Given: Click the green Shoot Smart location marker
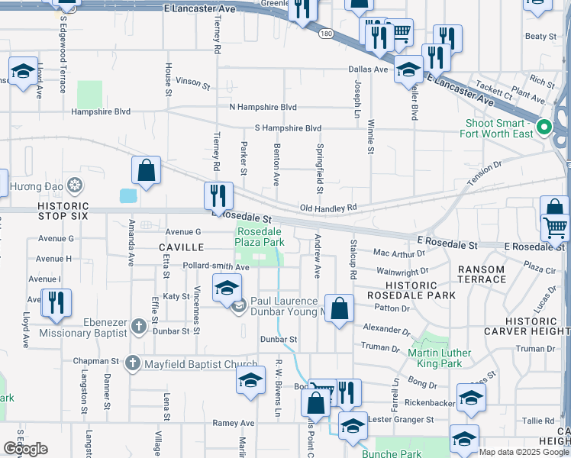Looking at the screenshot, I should pos(544,127).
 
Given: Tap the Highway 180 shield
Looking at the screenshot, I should pos(326,34).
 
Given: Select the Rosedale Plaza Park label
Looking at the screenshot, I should pos(260,237).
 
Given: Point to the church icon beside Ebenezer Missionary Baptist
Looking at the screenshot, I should pos(138,326).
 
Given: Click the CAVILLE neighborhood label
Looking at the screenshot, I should pos(181,247).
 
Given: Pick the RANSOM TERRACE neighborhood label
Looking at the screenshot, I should pos(481,274).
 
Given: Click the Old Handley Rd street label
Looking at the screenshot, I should pos(328,208).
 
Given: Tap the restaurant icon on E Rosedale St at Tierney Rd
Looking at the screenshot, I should pos(218,195).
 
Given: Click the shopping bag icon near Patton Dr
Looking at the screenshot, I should pos(340,309).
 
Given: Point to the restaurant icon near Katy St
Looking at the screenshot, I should pos(56,302).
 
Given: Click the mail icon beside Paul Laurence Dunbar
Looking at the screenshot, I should pos(238,308).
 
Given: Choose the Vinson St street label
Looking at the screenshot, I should pos(192,82).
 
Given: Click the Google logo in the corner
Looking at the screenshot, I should pos(25,449).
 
